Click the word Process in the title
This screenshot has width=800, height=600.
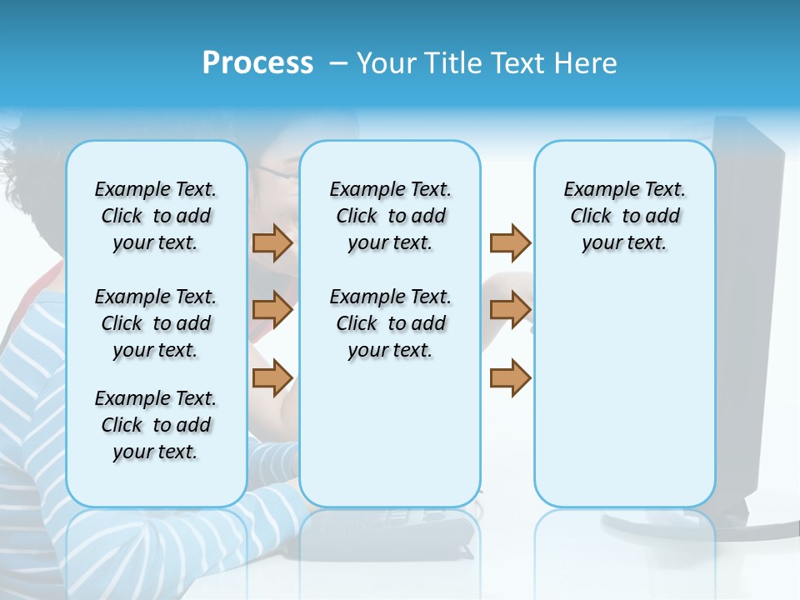pos(257,63)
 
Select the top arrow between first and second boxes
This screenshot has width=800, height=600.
pos(272,242)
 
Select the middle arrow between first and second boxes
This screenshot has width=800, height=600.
pos(272,310)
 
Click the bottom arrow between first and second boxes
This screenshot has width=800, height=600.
pos(272,377)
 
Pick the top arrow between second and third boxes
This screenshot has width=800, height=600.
pos(510,242)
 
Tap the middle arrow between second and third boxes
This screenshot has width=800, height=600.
pos(510,310)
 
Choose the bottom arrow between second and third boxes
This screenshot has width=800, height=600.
pos(510,377)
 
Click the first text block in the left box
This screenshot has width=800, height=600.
pos(156,216)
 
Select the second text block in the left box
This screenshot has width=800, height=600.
pos(156,323)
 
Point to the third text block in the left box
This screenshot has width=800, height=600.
pos(156,425)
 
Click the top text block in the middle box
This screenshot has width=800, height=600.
pos(390,216)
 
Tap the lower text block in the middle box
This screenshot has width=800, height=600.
pos(390,323)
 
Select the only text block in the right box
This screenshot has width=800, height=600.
pos(624,216)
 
